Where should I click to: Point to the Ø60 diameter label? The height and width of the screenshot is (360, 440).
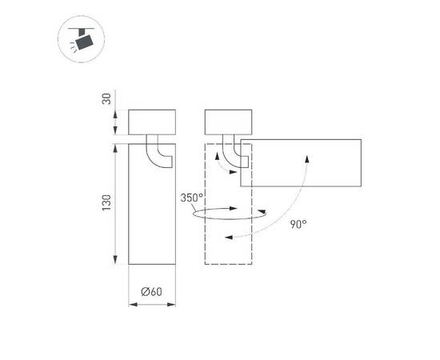151,292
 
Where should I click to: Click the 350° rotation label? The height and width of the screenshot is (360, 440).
192,197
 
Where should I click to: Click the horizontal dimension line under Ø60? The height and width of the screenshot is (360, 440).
151,305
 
